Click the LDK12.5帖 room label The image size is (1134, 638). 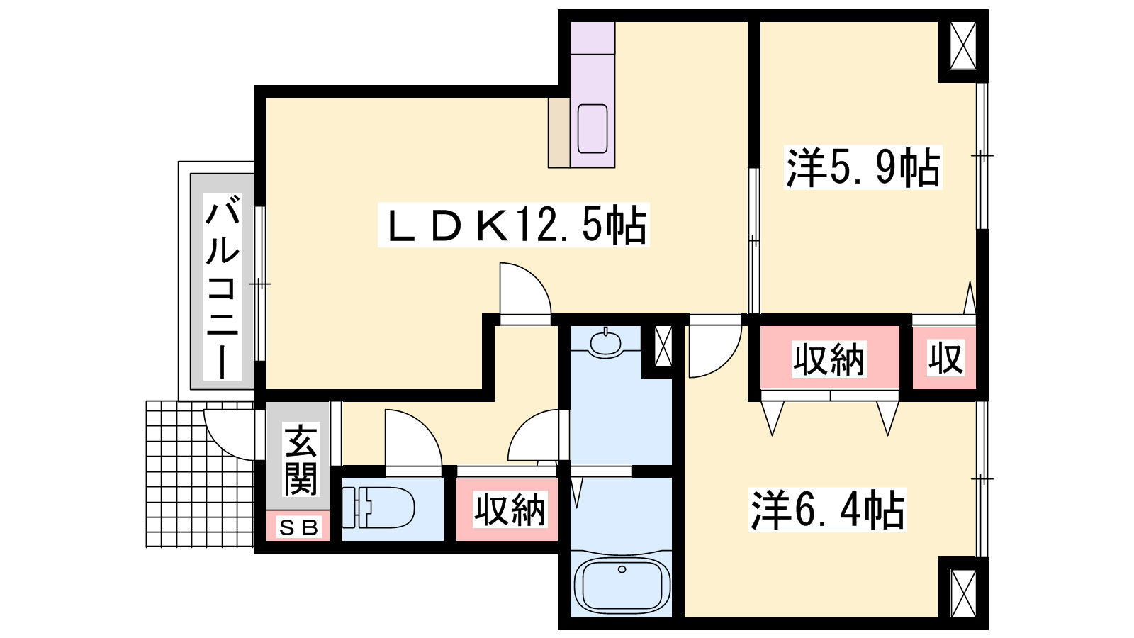pyautogui.click(x=514, y=225)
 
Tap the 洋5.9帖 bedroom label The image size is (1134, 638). pyautogui.click(x=863, y=167)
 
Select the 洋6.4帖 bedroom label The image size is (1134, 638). pyautogui.click(x=827, y=510)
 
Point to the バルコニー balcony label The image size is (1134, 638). pyautogui.click(x=223, y=287)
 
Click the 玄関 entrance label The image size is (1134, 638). pyautogui.click(x=301, y=460)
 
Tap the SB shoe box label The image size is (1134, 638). pyautogui.click(x=298, y=527)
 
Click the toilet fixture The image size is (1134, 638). pyautogui.click(x=378, y=508)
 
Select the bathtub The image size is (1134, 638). pyautogui.click(x=622, y=585)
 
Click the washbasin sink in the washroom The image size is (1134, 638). pyautogui.click(x=605, y=342)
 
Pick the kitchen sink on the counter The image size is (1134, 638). pyautogui.click(x=593, y=128)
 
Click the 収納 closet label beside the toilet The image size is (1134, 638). pyautogui.click(x=510, y=510)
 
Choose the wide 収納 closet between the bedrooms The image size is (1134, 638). pyautogui.click(x=829, y=359)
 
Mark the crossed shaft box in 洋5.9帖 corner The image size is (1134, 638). pyautogui.click(x=963, y=45)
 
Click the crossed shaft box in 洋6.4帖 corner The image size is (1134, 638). pyautogui.click(x=963, y=593)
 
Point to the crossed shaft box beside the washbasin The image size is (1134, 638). pyautogui.click(x=663, y=347)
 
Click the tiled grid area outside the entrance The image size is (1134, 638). pyautogui.click(x=199, y=474)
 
